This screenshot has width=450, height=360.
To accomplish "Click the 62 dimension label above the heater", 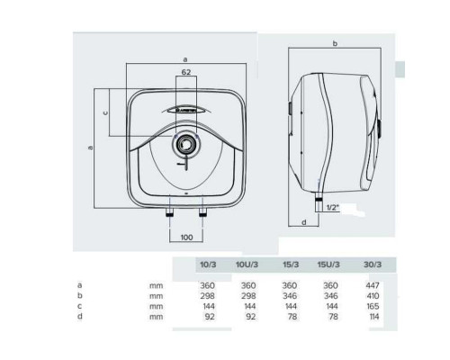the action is (x=186, y=72).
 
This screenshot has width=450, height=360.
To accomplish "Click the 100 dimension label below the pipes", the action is (x=186, y=238).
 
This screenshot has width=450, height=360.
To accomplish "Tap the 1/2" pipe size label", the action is (x=333, y=207).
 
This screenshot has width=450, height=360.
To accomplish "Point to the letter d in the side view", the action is (x=304, y=222).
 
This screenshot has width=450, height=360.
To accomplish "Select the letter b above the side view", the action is (x=335, y=43).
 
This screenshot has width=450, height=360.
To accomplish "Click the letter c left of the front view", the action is (x=105, y=113).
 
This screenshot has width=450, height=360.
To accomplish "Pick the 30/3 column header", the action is (x=373, y=265).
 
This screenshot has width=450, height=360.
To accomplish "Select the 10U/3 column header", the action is (x=247, y=265).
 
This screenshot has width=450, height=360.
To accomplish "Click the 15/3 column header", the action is (x=291, y=265).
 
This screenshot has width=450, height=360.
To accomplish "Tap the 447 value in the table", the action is (x=373, y=285).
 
